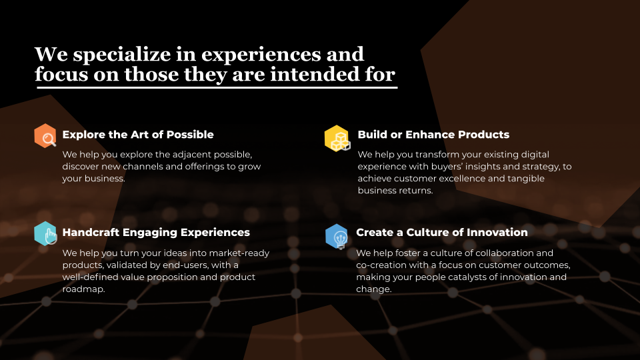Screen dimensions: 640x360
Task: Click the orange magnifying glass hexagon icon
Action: [45, 135]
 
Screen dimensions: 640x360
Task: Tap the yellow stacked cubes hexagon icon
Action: [337, 139]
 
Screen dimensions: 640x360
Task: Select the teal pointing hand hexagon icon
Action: [45, 233]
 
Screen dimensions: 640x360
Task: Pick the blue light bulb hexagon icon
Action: [337, 236]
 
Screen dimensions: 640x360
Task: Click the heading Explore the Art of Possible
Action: [138, 135]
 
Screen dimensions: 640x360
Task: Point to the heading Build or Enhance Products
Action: [433, 135]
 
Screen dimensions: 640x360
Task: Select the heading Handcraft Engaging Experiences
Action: [156, 233]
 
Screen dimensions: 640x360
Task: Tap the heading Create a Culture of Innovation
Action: [442, 232]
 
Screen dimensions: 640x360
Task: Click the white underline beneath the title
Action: [216, 87]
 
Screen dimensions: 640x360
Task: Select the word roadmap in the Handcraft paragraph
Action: [84, 289]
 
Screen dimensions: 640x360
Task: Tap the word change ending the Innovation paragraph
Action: [374, 289]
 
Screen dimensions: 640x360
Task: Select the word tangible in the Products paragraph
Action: [526, 179]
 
